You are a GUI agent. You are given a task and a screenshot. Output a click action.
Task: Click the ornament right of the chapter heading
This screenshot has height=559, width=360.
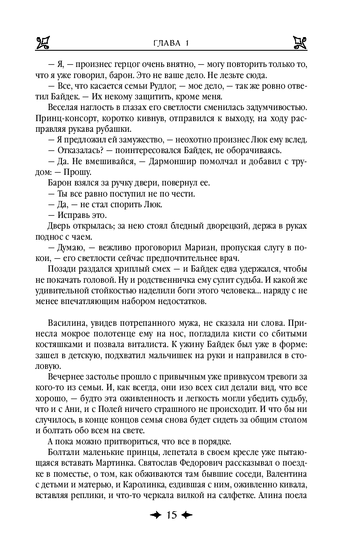[301, 42]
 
